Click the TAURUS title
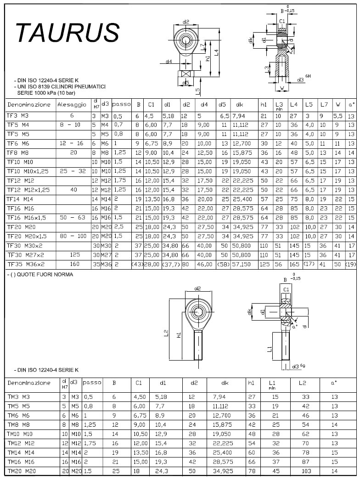coord(67,33)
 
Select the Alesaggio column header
coord(72,105)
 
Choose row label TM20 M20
coord(21,472)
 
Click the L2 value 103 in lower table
coord(302,472)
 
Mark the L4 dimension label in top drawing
coord(215,53)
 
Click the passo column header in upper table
coord(122,105)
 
